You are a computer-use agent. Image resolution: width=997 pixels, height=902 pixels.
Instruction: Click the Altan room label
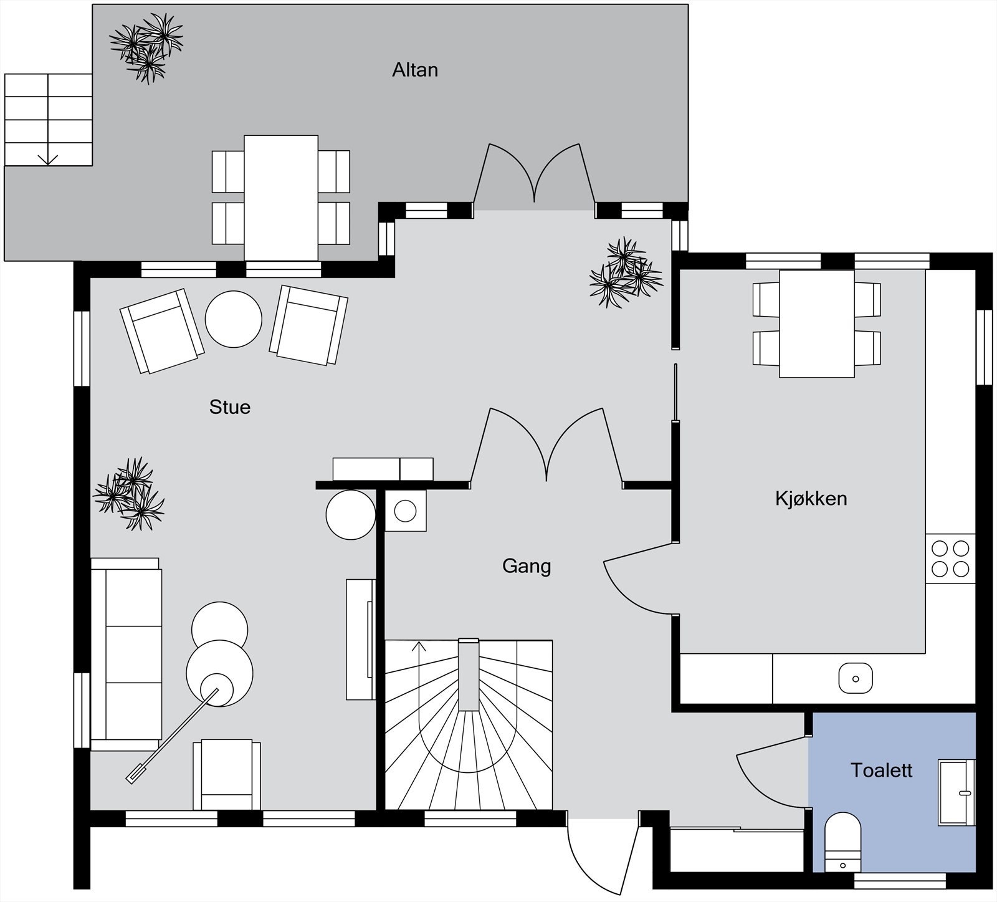click(x=415, y=70)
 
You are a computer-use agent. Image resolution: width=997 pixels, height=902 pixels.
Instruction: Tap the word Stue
click(x=230, y=407)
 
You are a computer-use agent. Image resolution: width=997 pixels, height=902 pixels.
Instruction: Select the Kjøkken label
click(x=811, y=499)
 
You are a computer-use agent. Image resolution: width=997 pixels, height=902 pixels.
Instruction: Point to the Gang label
click(x=527, y=567)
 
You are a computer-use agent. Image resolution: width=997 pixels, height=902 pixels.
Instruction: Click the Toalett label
click(x=882, y=770)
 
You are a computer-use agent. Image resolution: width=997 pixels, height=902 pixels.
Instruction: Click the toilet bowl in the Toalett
click(x=842, y=842)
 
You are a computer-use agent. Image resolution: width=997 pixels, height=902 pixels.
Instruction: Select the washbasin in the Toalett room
click(x=957, y=793)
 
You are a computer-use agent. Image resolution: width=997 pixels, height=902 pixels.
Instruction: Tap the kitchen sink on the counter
click(x=856, y=678)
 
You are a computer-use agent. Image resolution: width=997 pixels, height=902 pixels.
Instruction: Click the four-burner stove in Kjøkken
click(x=950, y=559)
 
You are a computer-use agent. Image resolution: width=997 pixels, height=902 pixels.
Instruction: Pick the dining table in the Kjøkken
click(x=817, y=324)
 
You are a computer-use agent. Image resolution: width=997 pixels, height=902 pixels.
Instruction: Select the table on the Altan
click(x=281, y=198)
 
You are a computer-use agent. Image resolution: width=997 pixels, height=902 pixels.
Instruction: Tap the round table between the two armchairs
click(x=234, y=319)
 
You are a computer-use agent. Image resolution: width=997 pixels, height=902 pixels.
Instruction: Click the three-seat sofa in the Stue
click(x=126, y=655)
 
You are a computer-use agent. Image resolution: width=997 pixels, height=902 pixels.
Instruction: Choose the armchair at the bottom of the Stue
click(x=227, y=775)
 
